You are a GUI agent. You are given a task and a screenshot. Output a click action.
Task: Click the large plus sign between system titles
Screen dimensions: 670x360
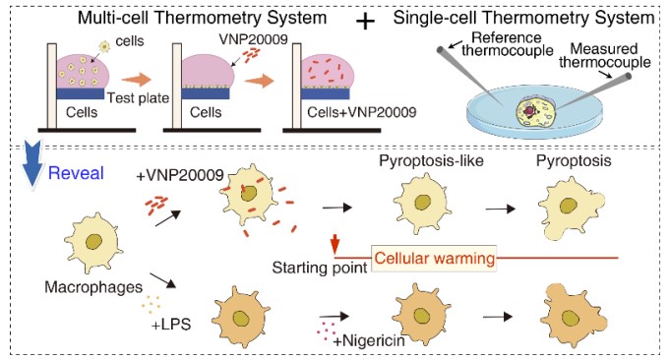(365, 22)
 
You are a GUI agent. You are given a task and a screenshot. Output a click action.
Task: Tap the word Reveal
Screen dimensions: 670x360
(76, 173)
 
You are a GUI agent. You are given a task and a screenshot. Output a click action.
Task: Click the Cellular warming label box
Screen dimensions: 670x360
(434, 259)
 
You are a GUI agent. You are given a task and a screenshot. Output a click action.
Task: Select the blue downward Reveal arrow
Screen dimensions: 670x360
(31, 164)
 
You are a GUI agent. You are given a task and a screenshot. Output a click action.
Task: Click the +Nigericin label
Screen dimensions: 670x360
(369, 340)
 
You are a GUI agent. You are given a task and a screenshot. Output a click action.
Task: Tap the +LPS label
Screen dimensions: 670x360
(171, 325)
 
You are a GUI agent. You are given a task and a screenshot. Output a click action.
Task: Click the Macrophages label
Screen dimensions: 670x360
(93, 287)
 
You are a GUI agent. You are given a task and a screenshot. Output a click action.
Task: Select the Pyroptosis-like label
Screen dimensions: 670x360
(431, 161)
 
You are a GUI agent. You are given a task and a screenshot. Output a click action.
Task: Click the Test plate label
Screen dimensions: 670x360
(138, 97)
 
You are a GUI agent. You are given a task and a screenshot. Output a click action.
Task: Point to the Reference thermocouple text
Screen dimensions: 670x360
(508, 44)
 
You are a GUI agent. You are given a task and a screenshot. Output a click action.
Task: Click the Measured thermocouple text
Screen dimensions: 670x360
(605, 55)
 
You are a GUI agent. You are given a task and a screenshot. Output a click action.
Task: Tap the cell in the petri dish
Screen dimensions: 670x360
(535, 111)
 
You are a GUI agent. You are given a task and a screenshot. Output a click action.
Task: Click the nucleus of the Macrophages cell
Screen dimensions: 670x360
(93, 242)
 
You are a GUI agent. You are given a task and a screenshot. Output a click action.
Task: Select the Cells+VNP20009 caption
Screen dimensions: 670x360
(361, 112)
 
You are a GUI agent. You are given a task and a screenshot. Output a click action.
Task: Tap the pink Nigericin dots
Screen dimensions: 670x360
(326, 330)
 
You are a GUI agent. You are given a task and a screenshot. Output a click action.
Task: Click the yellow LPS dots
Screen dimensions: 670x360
(152, 303)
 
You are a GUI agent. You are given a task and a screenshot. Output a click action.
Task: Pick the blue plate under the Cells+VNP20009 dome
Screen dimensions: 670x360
(326, 94)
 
